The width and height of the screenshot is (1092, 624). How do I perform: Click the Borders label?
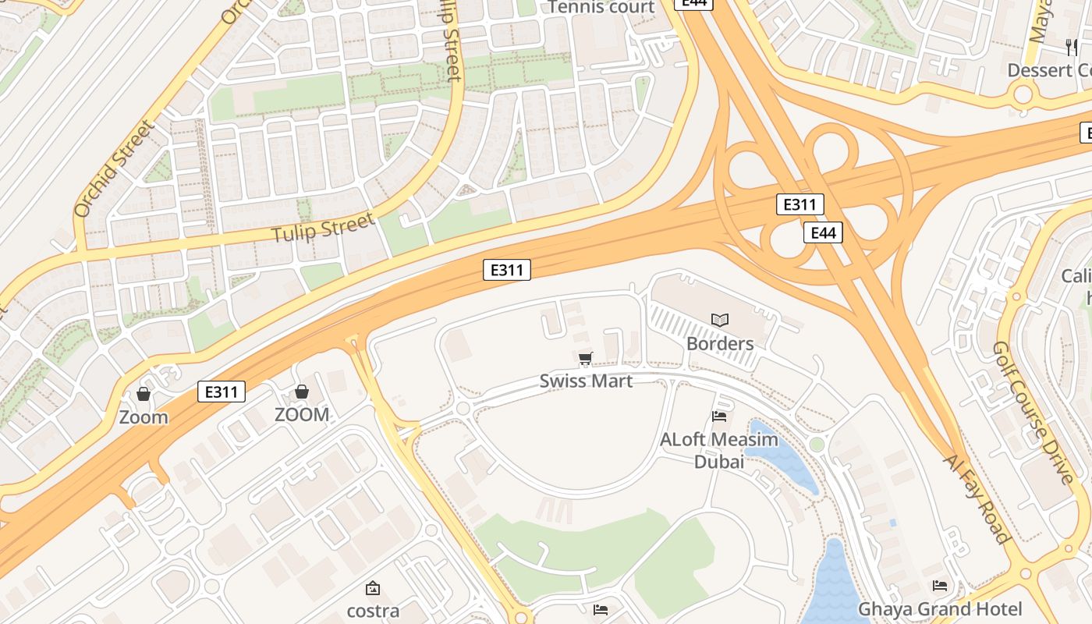719,343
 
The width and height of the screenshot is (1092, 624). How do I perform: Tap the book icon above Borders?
719,320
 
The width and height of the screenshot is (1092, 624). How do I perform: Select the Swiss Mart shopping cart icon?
586,359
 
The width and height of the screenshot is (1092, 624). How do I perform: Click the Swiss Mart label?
586,381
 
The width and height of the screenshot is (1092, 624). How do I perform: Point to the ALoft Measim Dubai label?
719,450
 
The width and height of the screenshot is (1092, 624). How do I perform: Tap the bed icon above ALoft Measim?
719,417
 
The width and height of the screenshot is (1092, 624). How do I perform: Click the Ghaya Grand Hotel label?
940,608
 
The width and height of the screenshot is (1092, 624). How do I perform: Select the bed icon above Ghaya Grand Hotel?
940,585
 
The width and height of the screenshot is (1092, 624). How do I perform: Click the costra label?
373,611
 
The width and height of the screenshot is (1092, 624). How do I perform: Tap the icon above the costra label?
373,588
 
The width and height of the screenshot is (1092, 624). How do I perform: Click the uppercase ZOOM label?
302,415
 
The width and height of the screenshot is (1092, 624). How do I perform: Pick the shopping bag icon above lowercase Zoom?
144,394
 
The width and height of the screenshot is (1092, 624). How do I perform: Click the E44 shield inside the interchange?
823,232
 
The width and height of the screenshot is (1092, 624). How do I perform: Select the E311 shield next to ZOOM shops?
222,392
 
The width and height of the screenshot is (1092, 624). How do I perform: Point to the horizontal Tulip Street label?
323,228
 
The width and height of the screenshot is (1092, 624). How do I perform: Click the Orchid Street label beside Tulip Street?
114,168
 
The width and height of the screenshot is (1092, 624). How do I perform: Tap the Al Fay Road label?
976,499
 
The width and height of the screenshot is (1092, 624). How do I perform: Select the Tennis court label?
601,8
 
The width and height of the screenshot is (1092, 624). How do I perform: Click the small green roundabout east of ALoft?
817,445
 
